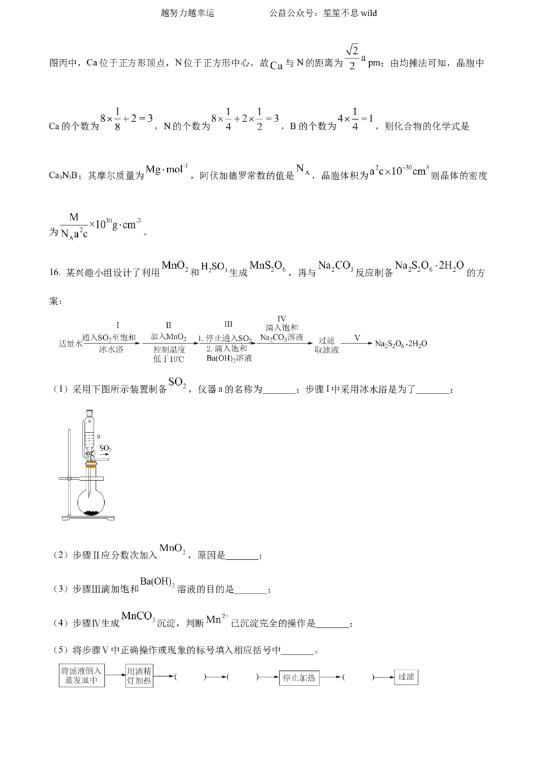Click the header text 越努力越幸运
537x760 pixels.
pos(187,13)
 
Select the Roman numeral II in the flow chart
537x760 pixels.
pos(168,325)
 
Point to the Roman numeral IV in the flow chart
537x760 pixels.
pos(281,319)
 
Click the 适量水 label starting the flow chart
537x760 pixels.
pos(70,343)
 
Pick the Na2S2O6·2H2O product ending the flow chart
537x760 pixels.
pos(401,344)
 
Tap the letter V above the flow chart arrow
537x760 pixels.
pos(357,337)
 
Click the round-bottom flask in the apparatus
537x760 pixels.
pos(91,496)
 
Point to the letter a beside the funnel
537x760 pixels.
pos(99,436)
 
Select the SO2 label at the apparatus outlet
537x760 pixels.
pos(105,448)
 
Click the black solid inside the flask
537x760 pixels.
pos(91,512)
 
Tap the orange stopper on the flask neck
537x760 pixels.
pos(91,465)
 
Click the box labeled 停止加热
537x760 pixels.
pos(299,677)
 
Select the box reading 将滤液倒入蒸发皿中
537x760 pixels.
pos(81,675)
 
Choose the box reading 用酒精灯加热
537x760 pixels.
pos(139,675)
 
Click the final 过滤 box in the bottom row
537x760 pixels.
pos(405,677)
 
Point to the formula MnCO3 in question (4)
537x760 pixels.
pos(138,617)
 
